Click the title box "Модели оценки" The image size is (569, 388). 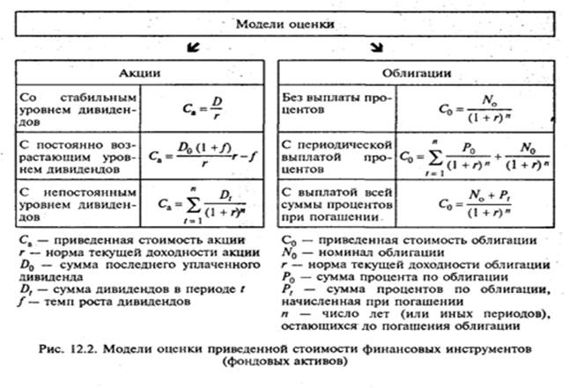[x=284, y=25]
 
